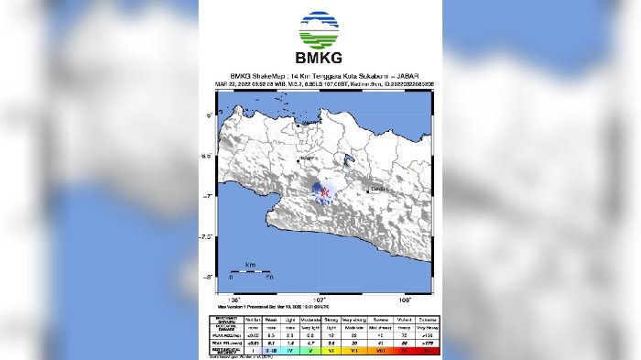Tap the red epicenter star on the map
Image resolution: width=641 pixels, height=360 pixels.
click(322, 191)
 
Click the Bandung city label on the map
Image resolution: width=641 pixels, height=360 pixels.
click(380, 190)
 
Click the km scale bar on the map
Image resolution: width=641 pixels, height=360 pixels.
click(249, 272)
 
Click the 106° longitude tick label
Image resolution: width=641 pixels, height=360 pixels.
click(234, 300)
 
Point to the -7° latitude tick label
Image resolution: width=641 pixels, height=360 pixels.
click(209, 196)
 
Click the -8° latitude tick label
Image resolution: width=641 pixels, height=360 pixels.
click(209, 277)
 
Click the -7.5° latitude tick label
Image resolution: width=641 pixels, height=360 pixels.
click(208, 236)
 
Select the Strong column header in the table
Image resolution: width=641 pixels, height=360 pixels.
click(329, 318)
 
